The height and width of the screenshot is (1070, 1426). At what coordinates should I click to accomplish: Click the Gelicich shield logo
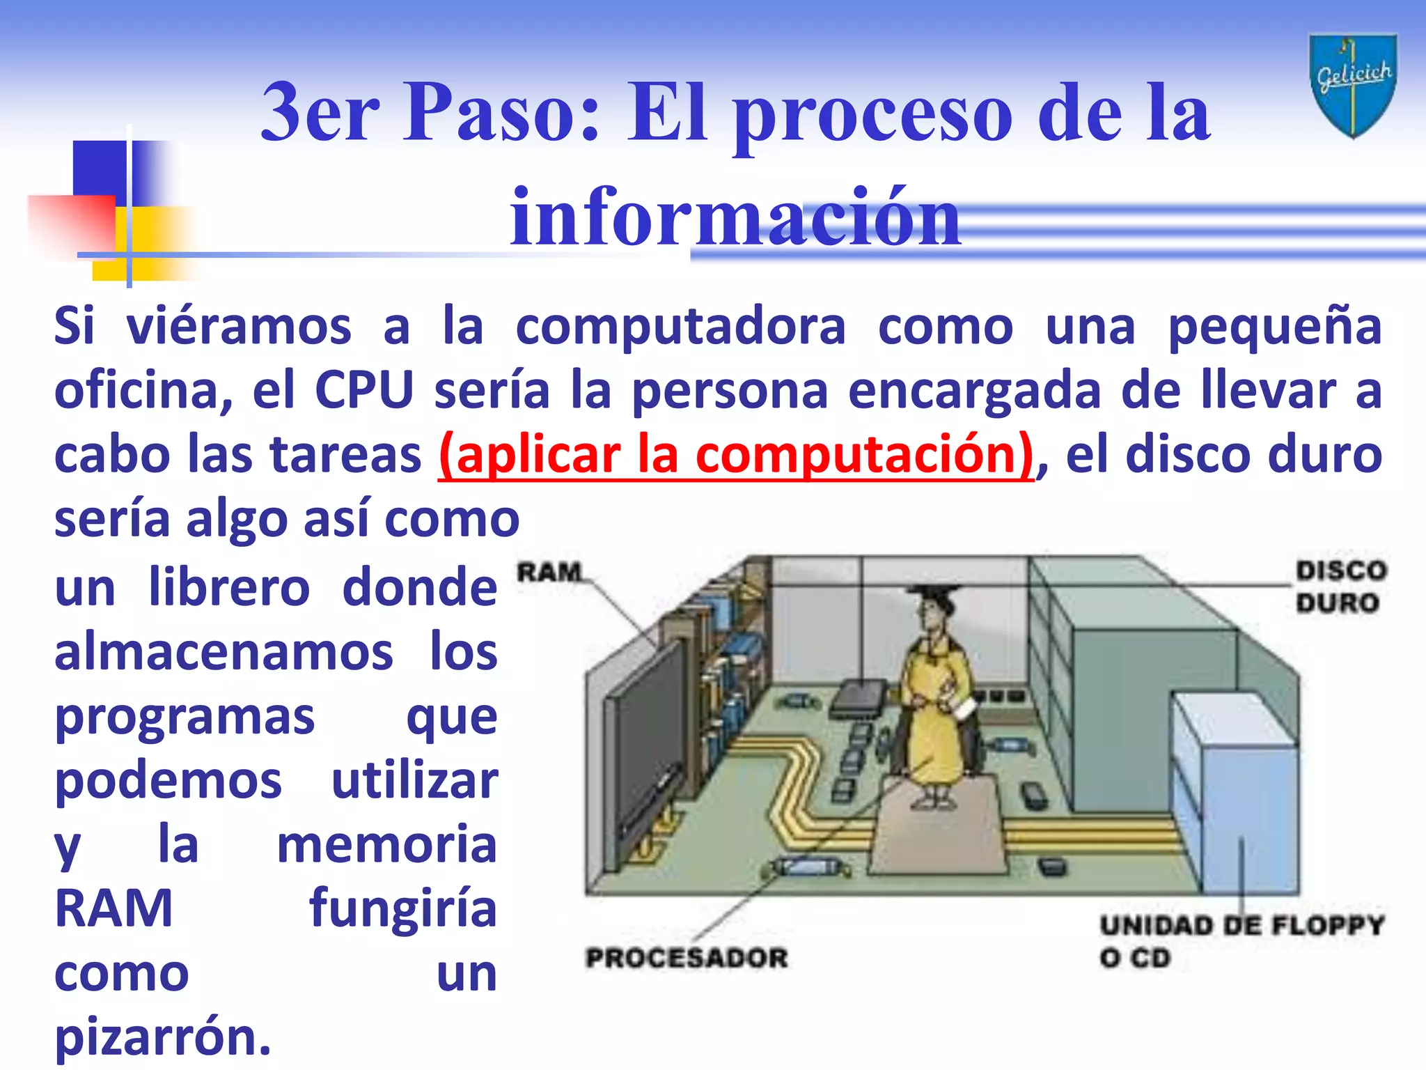[1352, 85]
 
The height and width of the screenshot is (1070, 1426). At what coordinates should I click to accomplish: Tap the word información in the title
[735, 217]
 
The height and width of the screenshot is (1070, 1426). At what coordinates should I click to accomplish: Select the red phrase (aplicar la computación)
[736, 455]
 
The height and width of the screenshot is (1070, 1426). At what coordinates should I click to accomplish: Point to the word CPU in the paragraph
[364, 390]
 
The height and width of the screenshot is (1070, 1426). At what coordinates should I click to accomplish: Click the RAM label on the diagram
[549, 573]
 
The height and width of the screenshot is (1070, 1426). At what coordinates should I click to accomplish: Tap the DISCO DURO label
[1340, 587]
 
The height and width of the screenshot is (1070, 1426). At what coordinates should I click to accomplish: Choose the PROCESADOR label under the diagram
[687, 958]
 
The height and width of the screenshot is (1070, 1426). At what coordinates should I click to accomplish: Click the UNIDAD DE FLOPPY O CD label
[1241, 940]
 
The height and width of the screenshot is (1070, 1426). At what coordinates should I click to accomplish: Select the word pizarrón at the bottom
[162, 1037]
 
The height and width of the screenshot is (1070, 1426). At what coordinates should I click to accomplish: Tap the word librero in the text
[229, 587]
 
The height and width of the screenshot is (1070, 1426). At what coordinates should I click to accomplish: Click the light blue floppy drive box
[1232, 794]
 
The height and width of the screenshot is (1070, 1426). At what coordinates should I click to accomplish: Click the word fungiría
[402, 908]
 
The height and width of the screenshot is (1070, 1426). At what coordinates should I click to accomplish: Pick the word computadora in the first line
[680, 326]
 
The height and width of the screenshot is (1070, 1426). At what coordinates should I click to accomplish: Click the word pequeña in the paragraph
[1274, 326]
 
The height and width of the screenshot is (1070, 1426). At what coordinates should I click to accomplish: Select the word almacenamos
[224, 652]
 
